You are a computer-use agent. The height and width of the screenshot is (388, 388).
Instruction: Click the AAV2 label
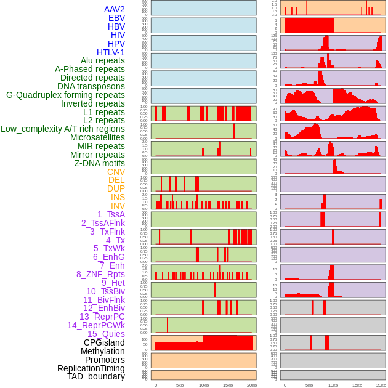click(115, 10)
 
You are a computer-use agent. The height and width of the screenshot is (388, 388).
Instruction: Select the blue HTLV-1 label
click(111, 52)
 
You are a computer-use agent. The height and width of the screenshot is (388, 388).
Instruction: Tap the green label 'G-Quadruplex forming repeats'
click(65, 95)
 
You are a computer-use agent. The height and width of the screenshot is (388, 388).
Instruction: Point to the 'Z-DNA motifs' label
click(100, 163)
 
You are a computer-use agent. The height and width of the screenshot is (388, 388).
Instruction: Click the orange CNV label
click(116, 172)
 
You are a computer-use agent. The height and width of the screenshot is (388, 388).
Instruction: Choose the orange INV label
click(118, 206)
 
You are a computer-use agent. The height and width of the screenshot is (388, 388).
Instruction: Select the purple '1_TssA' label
click(111, 214)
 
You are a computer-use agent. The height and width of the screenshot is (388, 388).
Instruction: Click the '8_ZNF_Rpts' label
click(100, 274)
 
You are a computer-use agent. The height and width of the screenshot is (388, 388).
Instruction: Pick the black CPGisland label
click(104, 342)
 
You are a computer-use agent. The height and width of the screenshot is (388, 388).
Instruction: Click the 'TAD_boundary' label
click(96, 376)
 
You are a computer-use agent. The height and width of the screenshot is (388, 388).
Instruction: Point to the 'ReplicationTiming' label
click(91, 368)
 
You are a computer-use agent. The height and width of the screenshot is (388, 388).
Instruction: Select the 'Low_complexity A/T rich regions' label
click(63, 129)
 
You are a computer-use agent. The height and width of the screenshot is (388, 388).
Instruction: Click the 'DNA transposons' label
click(91, 86)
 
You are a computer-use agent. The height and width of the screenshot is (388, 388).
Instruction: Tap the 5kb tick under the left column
click(180, 385)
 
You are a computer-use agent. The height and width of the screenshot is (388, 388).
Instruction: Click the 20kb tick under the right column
click(381, 385)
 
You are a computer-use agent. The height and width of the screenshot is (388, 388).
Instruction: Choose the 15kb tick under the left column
click(227, 385)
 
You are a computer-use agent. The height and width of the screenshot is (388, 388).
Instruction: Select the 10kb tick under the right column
click(333, 385)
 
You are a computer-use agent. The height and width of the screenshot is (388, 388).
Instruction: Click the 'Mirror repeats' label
click(97, 155)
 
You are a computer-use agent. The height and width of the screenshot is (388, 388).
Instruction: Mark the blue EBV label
click(116, 18)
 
